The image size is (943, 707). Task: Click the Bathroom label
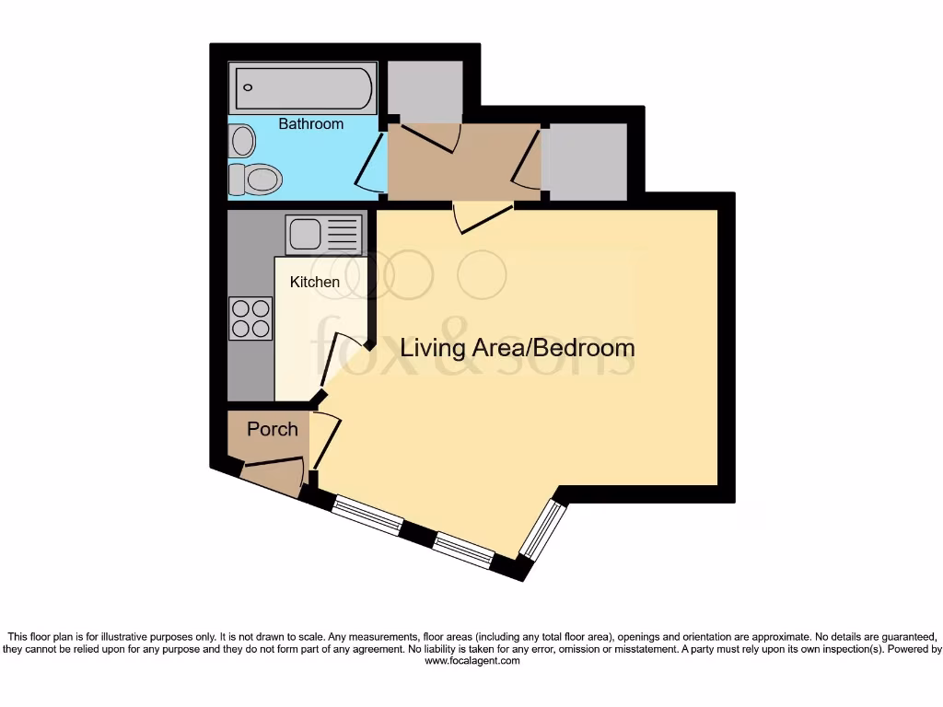(x=310, y=123)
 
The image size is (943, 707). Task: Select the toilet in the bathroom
(x=253, y=180)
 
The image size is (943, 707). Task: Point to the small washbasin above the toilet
(x=243, y=141)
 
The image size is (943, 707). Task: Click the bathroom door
(x=372, y=164)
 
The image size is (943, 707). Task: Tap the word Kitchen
(x=315, y=282)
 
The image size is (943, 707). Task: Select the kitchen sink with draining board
(x=325, y=234)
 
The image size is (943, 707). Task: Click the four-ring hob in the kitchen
(x=250, y=319)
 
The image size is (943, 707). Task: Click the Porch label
(x=273, y=429)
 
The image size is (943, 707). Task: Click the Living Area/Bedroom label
(x=517, y=348)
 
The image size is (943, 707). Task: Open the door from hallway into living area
(x=481, y=217)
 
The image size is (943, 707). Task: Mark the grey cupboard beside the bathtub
(x=425, y=90)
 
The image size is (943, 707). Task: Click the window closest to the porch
(x=367, y=516)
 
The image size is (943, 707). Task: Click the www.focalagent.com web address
(x=471, y=661)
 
